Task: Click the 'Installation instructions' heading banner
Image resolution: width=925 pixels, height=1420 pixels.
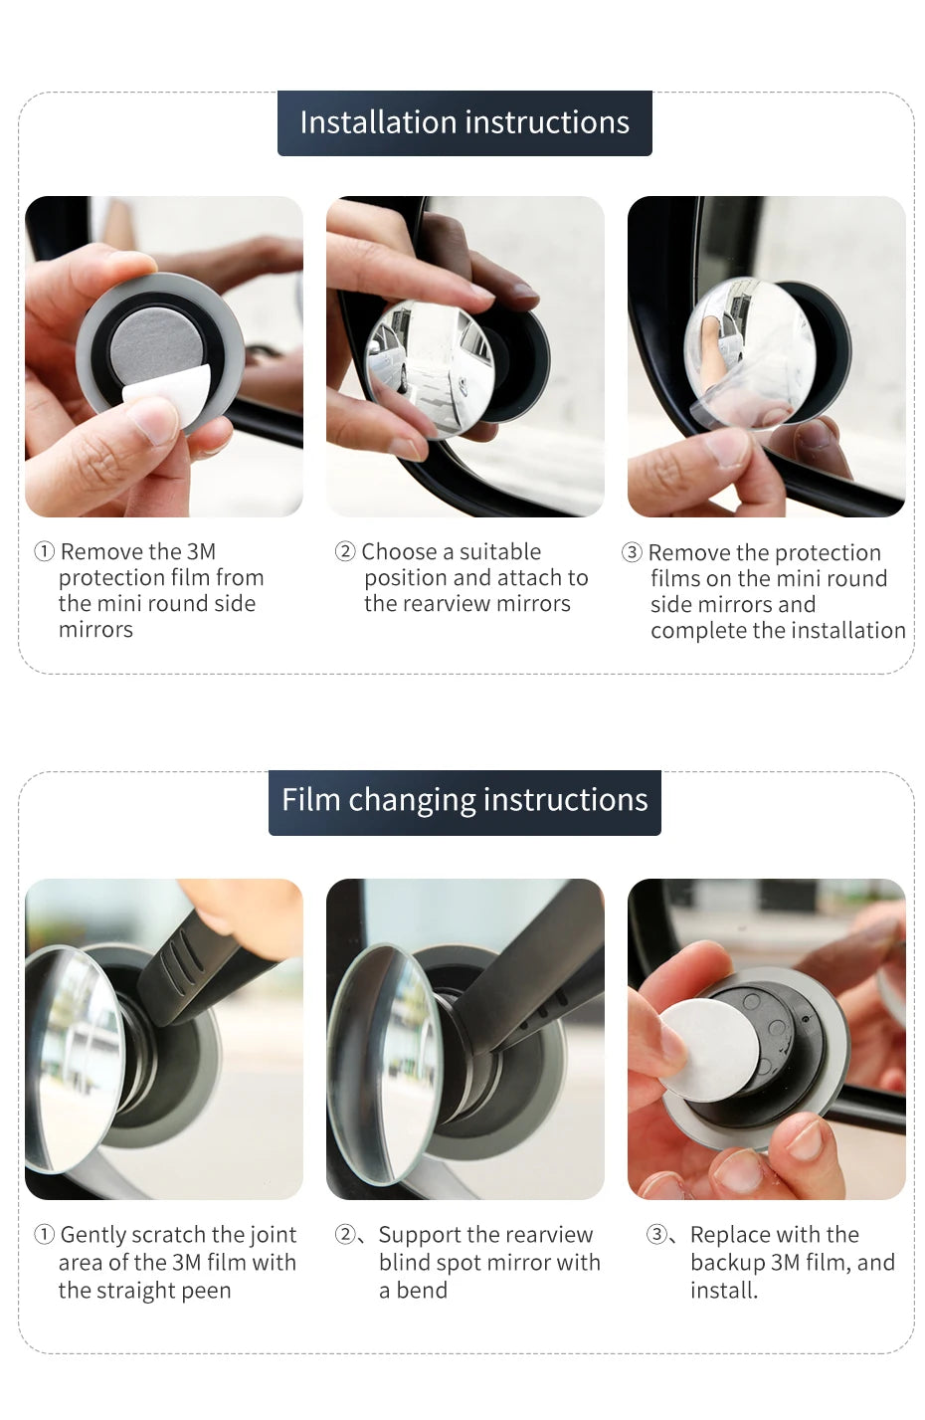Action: point(464,122)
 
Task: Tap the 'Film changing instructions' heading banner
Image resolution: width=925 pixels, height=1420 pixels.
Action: point(464,801)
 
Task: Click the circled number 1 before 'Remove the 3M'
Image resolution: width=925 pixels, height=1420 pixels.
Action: point(45,551)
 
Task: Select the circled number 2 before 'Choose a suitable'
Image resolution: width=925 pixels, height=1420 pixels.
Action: point(345,551)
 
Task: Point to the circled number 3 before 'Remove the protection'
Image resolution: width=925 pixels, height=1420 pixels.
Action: point(632,552)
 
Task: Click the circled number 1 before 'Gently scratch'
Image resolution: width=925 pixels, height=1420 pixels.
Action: point(45,1235)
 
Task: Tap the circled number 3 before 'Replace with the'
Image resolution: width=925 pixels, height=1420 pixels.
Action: point(656,1235)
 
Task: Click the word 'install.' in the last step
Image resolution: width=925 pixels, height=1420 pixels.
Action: point(724,1291)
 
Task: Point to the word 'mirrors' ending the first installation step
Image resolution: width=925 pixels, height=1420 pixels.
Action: point(95,630)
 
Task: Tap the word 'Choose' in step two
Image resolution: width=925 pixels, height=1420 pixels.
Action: point(399,551)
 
